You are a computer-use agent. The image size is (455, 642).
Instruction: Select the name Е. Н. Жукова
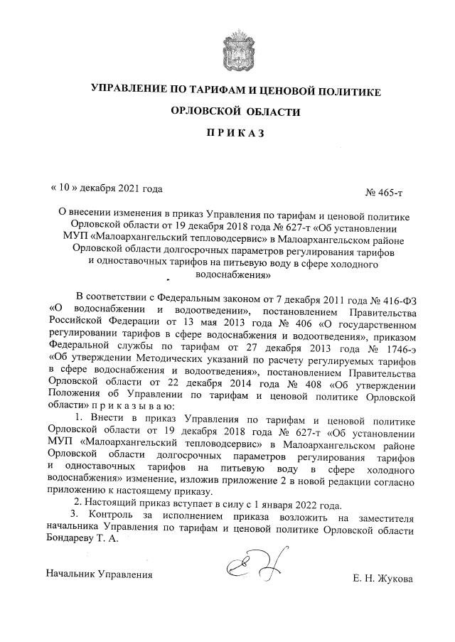coord(382,579)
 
